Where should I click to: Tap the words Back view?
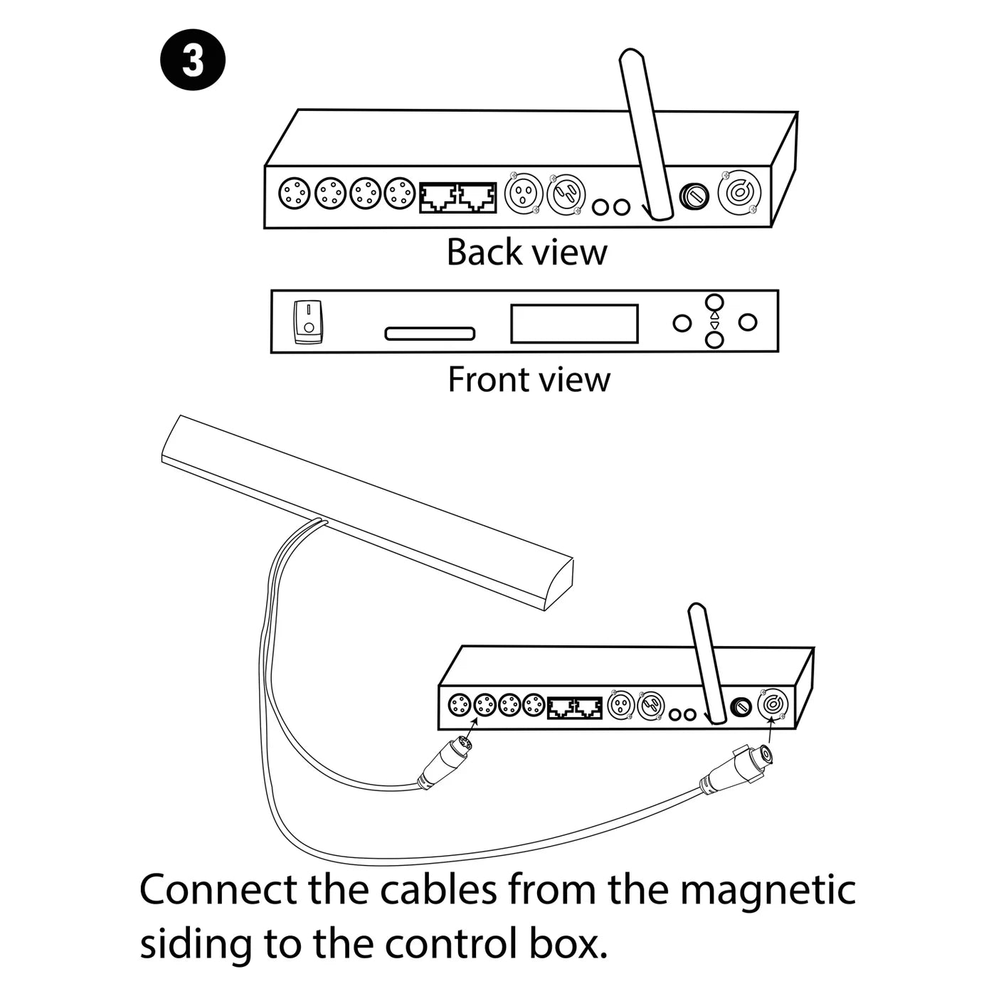[x=526, y=252]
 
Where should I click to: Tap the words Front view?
[x=529, y=379]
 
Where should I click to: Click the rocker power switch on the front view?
[x=308, y=322]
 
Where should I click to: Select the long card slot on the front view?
[x=430, y=334]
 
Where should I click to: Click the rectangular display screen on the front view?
[x=574, y=324]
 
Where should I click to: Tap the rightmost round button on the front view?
[x=747, y=322]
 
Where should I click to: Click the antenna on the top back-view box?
[x=645, y=135]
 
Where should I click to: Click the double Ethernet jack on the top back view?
[x=458, y=198]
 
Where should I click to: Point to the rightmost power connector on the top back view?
[x=740, y=193]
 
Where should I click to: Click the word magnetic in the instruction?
[x=768, y=890]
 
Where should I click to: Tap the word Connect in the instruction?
[x=218, y=890]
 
